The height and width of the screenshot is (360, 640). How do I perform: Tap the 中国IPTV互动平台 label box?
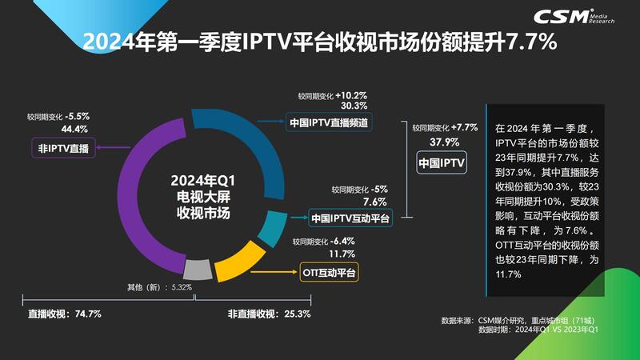[350, 218]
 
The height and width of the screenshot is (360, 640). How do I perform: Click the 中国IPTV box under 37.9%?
[442, 164]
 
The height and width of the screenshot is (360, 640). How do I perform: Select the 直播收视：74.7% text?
[65, 314]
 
